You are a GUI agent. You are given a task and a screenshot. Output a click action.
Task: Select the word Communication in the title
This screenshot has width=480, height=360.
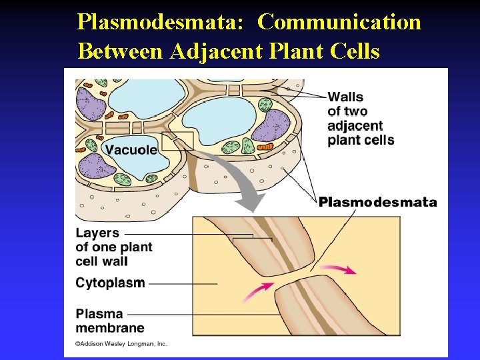pyautogui.click(x=339, y=23)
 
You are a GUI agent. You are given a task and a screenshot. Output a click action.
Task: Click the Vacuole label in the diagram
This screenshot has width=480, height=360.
pyautogui.click(x=131, y=150)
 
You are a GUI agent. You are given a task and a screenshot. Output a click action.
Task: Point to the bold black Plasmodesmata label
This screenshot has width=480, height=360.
pyautogui.click(x=377, y=202)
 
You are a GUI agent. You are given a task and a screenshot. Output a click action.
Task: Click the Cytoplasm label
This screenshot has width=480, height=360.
pyautogui.click(x=110, y=283)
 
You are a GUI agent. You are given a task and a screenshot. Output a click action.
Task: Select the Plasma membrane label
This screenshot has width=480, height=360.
pyautogui.click(x=110, y=321)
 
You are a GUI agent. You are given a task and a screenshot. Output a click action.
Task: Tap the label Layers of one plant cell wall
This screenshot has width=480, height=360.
pyautogui.click(x=113, y=247)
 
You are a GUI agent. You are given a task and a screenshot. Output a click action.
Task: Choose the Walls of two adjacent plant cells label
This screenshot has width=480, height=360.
pyautogui.click(x=360, y=118)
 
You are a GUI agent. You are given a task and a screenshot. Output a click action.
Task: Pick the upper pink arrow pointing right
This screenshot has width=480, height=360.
pyautogui.click(x=341, y=269)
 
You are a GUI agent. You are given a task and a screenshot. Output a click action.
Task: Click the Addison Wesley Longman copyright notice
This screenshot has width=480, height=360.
pyautogui.click(x=121, y=344)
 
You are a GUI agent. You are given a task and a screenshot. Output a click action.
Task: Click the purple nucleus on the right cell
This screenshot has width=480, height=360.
pyautogui.click(x=269, y=127)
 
